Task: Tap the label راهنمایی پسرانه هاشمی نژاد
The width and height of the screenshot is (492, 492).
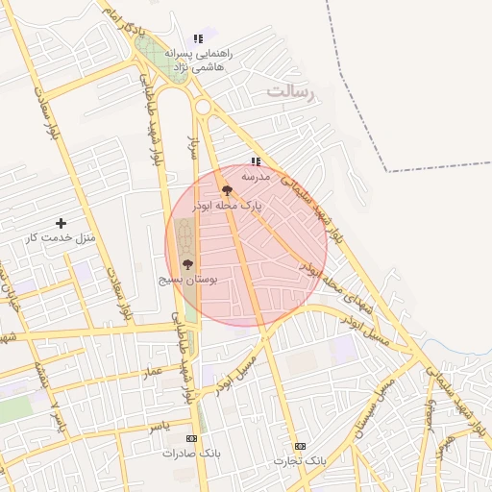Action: tap(195, 61)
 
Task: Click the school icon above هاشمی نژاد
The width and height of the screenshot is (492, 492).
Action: tap(198, 39)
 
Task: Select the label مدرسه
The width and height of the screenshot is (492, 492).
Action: tap(255, 177)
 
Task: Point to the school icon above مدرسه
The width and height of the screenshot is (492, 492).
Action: tap(255, 161)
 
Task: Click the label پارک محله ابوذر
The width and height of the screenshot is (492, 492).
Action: tap(226, 206)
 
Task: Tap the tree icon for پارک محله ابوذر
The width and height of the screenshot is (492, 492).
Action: tap(226, 190)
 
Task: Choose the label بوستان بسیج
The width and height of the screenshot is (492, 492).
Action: tap(188, 279)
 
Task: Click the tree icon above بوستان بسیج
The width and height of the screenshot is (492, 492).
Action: tap(187, 263)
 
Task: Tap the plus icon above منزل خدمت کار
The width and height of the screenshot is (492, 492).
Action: tap(61, 222)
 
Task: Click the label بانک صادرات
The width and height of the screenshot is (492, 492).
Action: tap(191, 453)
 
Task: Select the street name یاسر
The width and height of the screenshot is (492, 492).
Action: tap(159, 424)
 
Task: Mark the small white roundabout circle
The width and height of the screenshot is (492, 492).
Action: tap(203, 107)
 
